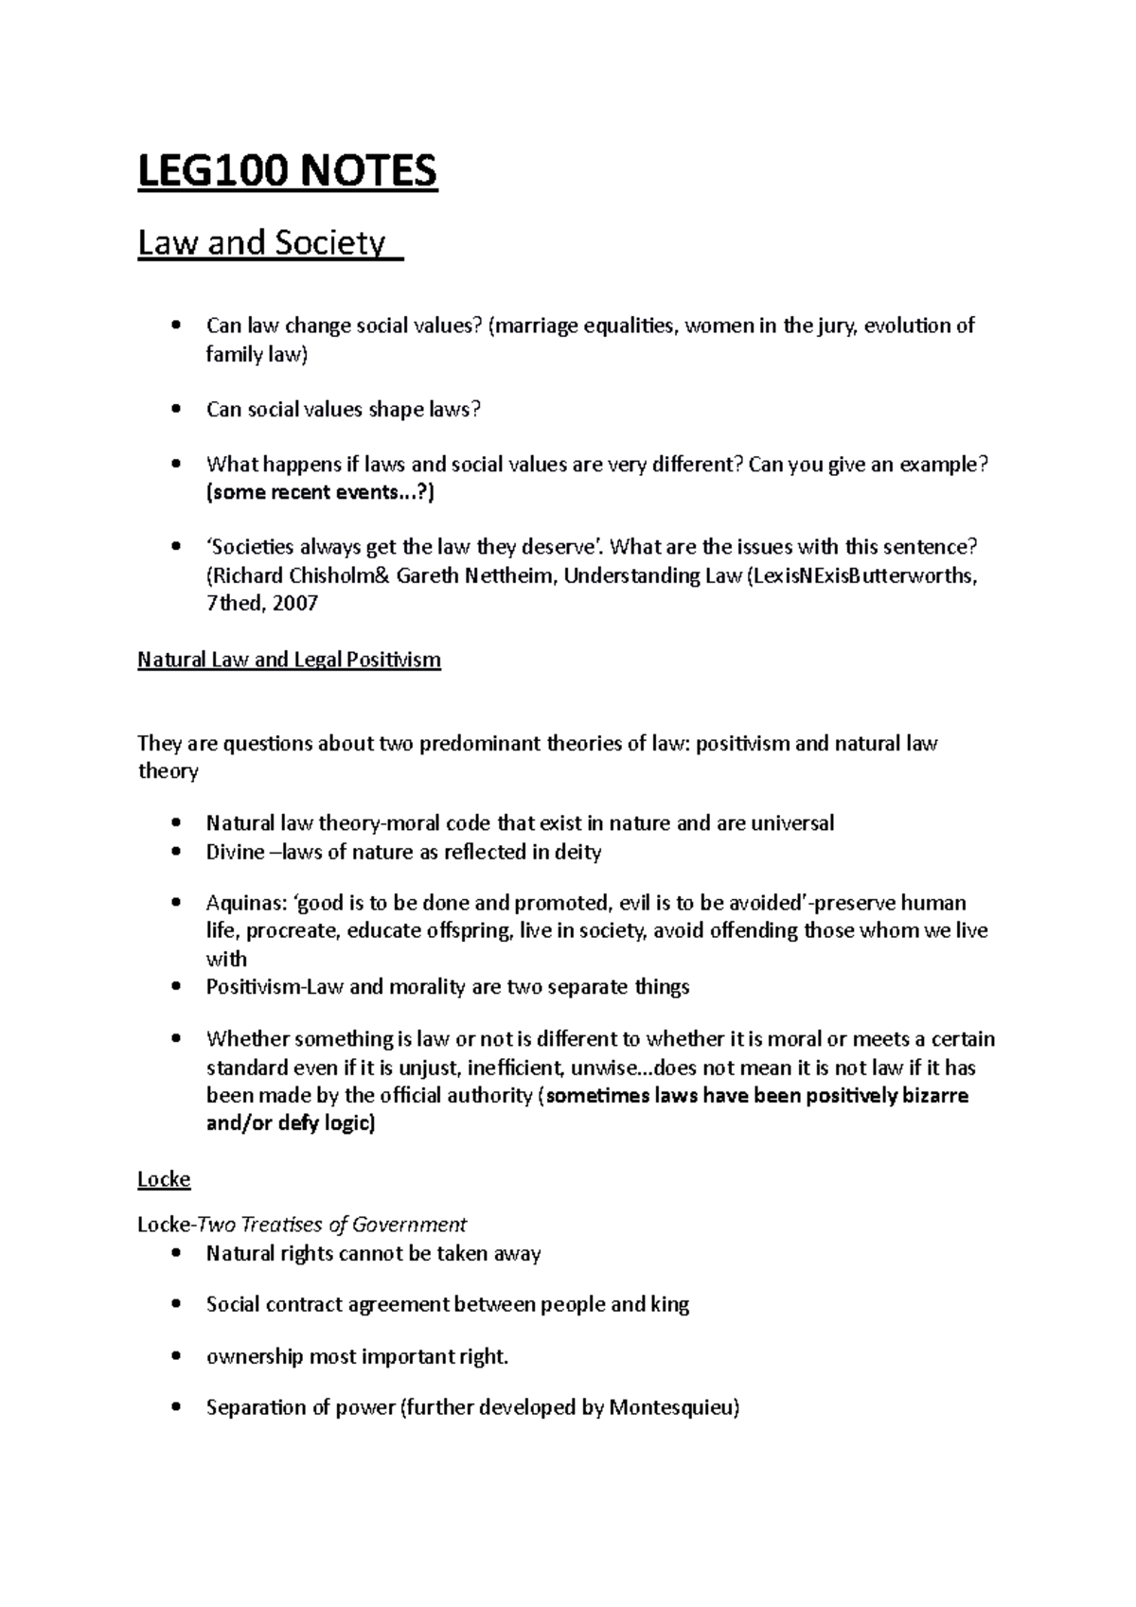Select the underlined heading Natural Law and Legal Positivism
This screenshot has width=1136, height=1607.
pyautogui.click(x=289, y=660)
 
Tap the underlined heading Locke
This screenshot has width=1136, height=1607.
pyautogui.click(x=164, y=1179)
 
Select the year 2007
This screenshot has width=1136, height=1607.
pyautogui.click(x=294, y=604)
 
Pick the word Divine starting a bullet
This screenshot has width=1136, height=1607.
pyautogui.click(x=235, y=852)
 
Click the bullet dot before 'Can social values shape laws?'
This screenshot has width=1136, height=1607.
pyautogui.click(x=175, y=410)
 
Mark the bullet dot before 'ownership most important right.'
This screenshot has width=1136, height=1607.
pyautogui.click(x=175, y=1357)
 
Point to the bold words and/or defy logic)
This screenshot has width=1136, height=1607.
pyautogui.click(x=291, y=1124)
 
